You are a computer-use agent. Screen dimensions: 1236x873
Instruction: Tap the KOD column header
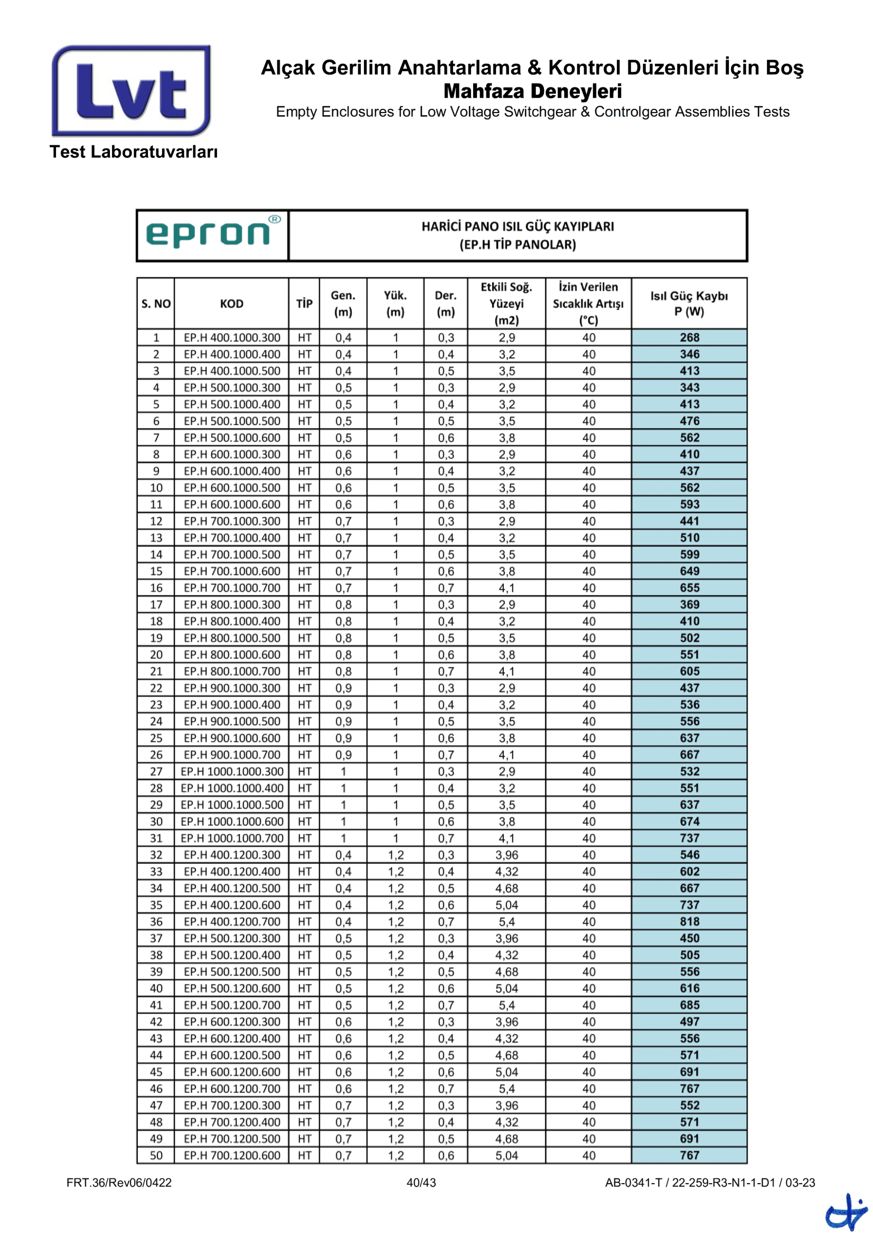[231, 304]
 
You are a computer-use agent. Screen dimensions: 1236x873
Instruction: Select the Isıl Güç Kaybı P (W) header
[689, 304]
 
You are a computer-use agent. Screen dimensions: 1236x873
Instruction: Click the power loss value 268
[689, 338]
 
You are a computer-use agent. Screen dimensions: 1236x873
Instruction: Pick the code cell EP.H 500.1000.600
[232, 438]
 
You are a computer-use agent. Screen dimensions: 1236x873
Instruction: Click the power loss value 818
[689, 922]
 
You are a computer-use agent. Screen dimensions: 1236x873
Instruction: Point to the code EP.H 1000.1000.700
[232, 838]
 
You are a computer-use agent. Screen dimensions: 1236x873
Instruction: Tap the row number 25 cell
[156, 738]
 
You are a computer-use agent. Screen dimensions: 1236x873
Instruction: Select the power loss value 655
[689, 588]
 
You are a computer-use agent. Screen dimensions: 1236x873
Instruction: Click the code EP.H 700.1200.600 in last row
[232, 1155]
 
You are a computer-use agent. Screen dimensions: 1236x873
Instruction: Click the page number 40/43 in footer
[421, 1183]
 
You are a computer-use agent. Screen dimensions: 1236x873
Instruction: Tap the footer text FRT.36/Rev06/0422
[119, 1183]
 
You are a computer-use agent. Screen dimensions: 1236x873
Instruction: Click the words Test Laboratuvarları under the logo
[134, 152]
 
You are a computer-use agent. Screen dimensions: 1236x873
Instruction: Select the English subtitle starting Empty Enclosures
[532, 112]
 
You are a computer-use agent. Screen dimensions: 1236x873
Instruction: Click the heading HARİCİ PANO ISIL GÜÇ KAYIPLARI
[518, 227]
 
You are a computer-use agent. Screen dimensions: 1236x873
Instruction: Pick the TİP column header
[304, 304]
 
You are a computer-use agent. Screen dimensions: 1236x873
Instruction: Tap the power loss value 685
[689, 1005]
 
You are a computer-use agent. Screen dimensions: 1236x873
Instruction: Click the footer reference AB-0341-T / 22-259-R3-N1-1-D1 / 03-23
[709, 1183]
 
